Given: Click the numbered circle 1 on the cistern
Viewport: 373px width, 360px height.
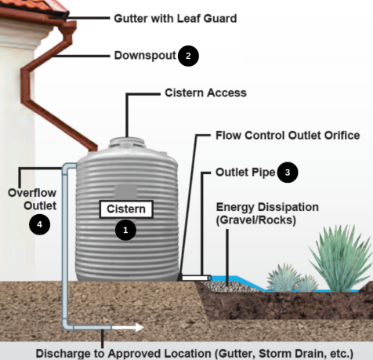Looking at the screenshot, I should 125,230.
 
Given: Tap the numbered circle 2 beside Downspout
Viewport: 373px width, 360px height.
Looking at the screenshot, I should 188,56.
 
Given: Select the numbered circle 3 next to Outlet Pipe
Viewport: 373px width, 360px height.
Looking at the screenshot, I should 288,172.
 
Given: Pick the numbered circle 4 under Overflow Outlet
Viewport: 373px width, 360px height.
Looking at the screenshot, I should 39,224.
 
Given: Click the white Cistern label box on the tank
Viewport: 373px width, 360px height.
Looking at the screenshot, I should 126,209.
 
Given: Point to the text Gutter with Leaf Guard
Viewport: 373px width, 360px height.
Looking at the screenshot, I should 175,16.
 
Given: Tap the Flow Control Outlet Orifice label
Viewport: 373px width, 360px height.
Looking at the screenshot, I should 288,136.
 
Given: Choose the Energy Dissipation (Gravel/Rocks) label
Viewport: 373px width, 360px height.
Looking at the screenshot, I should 267,214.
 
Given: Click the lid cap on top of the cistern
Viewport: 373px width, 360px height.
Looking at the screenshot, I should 126,142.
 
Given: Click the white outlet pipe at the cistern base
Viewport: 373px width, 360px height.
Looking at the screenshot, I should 194,277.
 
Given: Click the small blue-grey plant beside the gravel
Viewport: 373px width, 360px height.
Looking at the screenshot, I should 282,277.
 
